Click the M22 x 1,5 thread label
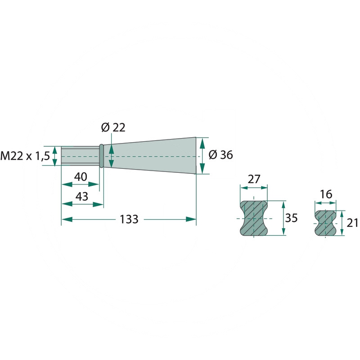pos(25,156)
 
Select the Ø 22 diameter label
pos(113,127)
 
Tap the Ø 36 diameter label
pos(220,155)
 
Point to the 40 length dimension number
pos(81,177)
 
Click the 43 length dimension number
pos(82,197)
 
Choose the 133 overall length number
pos(129,219)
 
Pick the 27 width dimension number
pos(254,179)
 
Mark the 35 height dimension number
pos(291,218)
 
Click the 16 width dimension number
pos(326,194)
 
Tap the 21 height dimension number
pos(352,223)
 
